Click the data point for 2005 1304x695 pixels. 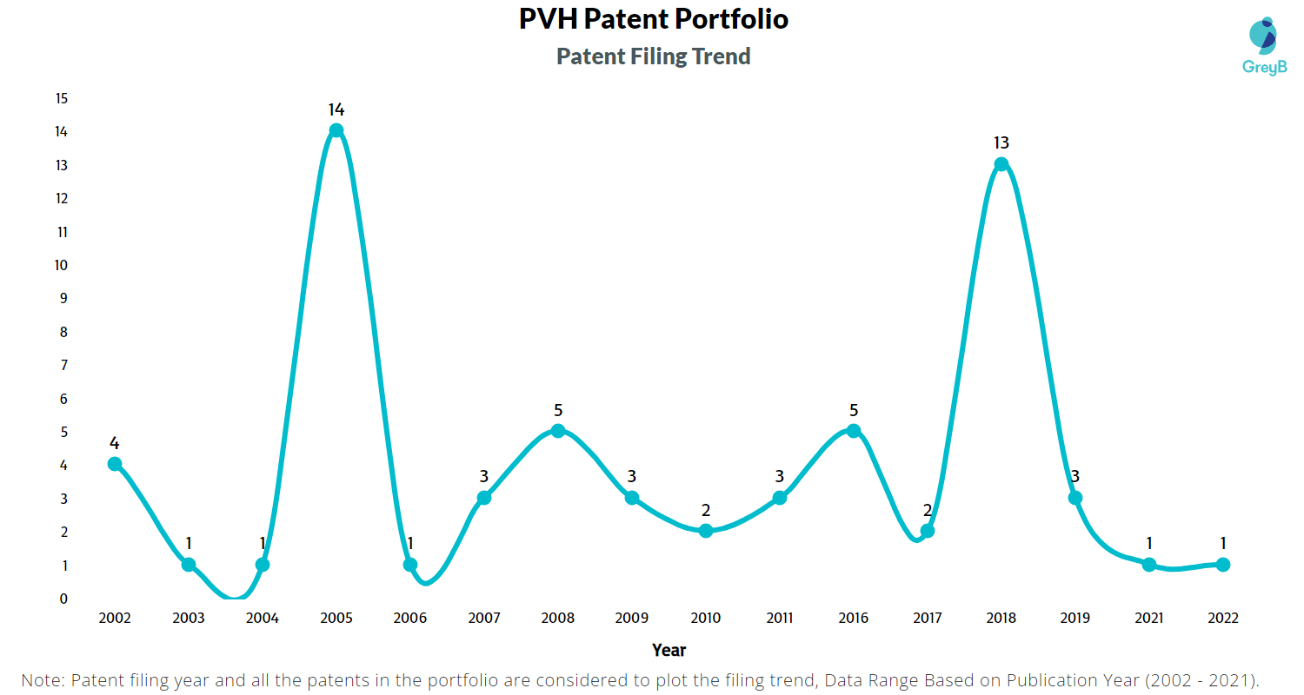click(x=336, y=131)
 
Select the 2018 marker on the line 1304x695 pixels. click(x=1001, y=164)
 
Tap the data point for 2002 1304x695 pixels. click(x=115, y=464)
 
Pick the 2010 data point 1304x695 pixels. click(x=706, y=531)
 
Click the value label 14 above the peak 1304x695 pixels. click(x=336, y=109)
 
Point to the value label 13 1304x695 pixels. click(x=1001, y=142)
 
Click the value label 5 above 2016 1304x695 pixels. click(x=854, y=409)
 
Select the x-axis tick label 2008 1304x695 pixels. click(x=558, y=619)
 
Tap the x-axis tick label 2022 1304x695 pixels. click(x=1222, y=619)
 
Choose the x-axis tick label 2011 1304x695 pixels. click(x=780, y=619)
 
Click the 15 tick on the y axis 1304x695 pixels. click(x=61, y=98)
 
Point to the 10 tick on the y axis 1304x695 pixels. click(x=61, y=265)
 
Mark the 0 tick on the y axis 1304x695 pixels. click(x=63, y=599)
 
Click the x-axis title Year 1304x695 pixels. click(x=669, y=650)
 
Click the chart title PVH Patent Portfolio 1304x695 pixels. click(x=653, y=19)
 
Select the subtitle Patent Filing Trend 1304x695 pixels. click(x=653, y=56)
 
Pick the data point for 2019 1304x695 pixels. click(x=1075, y=498)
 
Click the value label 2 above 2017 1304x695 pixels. click(x=928, y=510)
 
